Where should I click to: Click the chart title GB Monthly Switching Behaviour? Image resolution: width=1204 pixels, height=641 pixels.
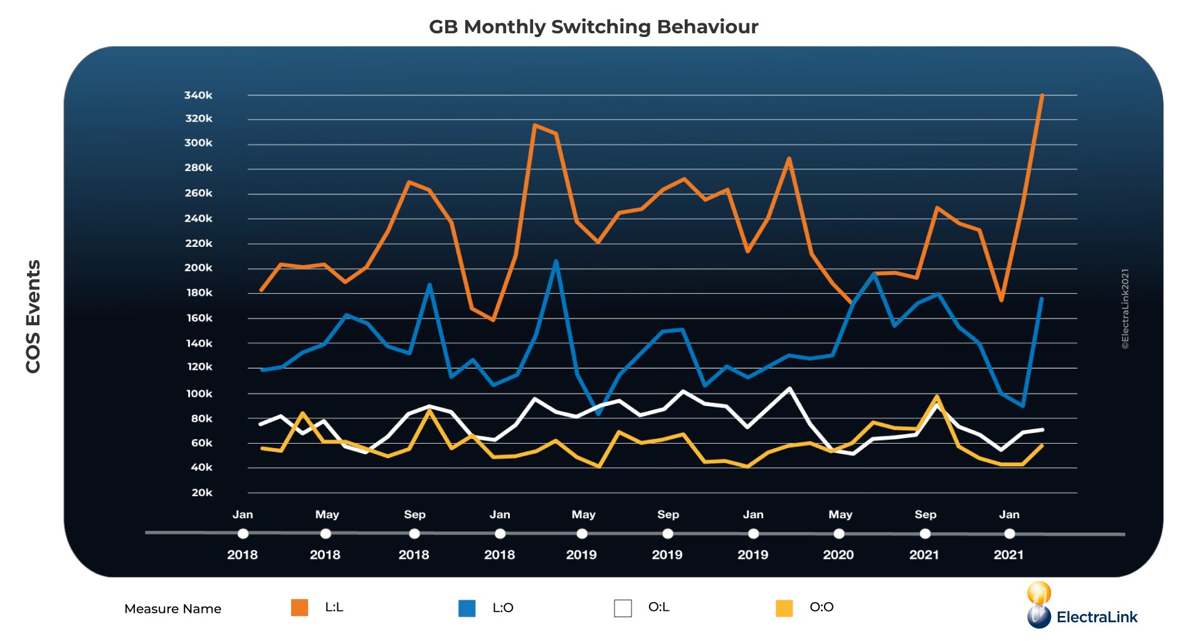593,27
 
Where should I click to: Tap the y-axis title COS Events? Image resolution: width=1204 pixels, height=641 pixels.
33,316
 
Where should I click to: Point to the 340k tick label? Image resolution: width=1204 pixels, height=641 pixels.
198,95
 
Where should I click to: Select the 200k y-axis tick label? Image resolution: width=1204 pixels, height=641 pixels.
198,268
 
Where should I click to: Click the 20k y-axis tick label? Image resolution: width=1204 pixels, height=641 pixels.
202,492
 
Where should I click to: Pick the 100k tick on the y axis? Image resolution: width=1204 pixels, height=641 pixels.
199,393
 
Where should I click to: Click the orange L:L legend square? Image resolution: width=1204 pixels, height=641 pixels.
300,607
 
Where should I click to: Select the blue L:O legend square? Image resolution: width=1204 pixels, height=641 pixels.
467,608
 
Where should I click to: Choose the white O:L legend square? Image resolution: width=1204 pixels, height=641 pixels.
623,608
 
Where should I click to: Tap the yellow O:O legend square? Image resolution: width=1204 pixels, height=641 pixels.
784,608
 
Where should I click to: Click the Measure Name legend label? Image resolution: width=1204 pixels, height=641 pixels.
172,608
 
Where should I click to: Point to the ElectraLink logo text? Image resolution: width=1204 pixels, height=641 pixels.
1096,617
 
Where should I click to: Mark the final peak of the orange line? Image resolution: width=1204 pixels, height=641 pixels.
1042,95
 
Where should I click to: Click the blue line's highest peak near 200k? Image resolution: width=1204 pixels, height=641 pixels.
556,261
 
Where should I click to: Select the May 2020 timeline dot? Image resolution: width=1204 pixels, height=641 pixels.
839,534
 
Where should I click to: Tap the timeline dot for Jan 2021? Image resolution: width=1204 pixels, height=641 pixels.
1009,534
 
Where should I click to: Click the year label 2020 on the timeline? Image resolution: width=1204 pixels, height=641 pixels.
838,555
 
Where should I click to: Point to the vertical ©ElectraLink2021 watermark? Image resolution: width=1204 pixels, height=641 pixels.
1125,309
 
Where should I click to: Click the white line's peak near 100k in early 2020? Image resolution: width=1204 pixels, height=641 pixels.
789,388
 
